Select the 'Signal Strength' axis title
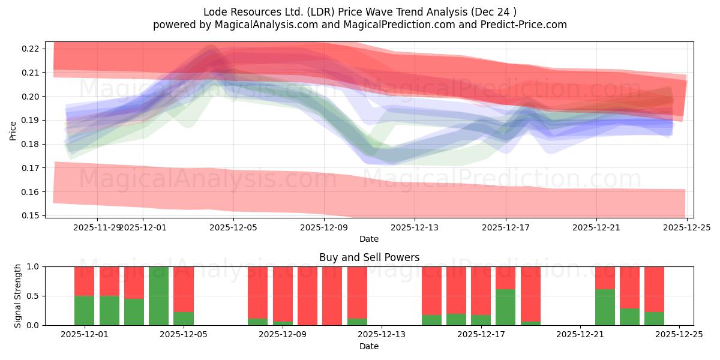click(18, 296)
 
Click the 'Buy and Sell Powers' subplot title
click(369, 257)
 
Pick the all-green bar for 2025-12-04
click(158, 296)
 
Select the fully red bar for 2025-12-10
click(332, 296)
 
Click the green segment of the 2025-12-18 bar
click(505, 307)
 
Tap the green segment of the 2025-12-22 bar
click(605, 307)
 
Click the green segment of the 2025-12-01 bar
click(84, 310)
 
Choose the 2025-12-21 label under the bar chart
click(580, 335)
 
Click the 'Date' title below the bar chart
click(369, 347)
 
